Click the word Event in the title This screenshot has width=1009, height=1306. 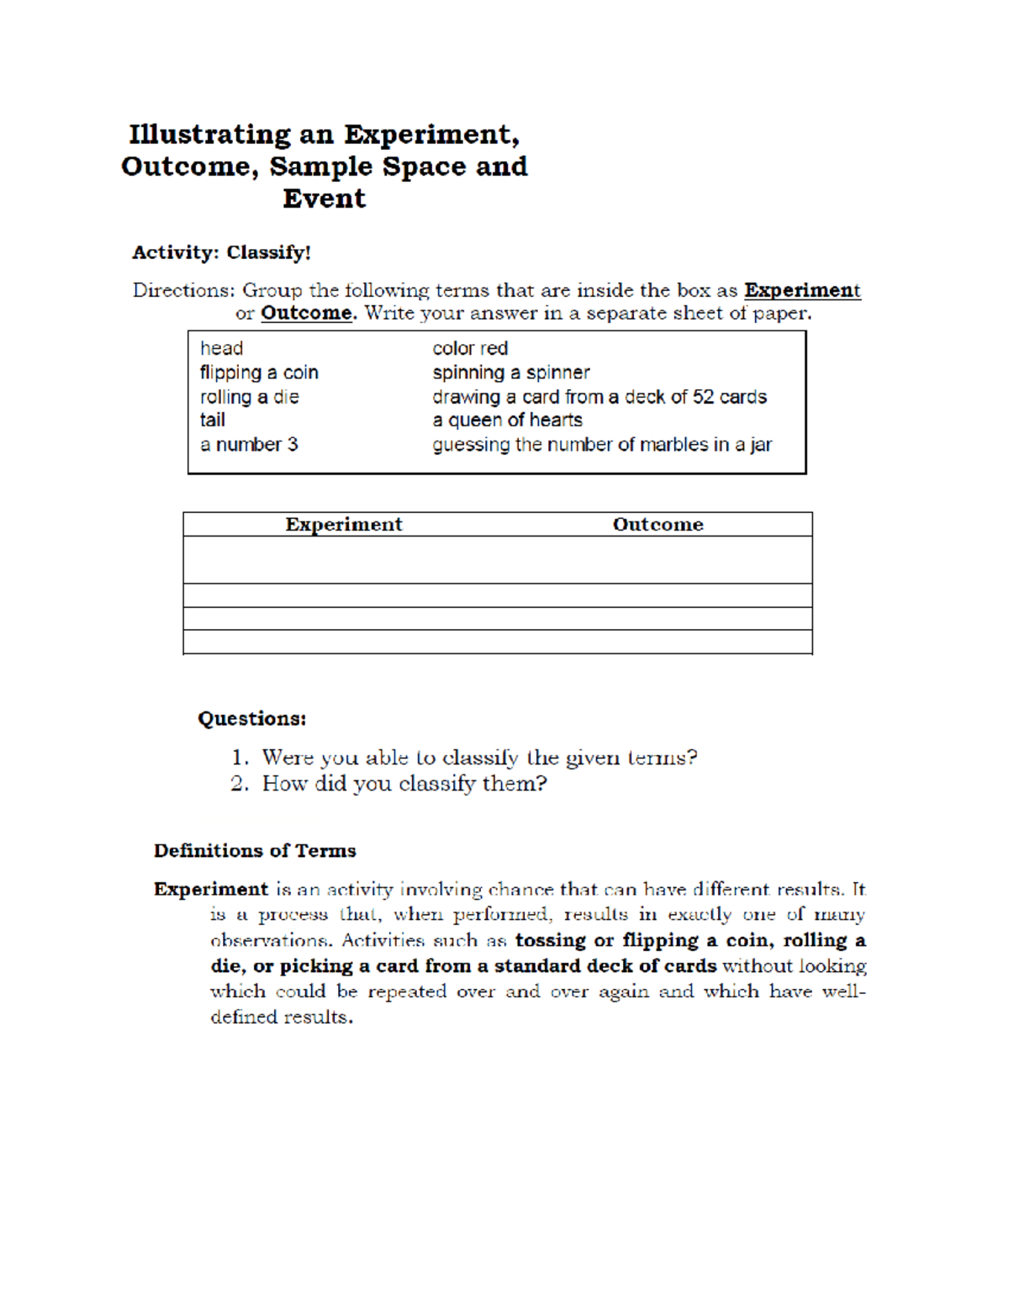click(x=324, y=198)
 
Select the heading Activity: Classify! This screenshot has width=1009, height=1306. click(x=221, y=252)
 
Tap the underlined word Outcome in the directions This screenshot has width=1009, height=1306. click(x=307, y=313)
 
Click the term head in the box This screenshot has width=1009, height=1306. click(x=221, y=348)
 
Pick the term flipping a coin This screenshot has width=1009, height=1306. click(x=259, y=373)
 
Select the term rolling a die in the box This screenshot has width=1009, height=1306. click(x=249, y=397)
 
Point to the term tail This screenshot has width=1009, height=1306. click(x=212, y=420)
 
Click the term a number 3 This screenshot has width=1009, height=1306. click(x=249, y=444)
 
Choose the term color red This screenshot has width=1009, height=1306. click(x=470, y=348)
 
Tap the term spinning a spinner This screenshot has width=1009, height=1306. click(x=510, y=373)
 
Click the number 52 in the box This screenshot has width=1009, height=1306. click(x=704, y=397)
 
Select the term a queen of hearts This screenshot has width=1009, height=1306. click(x=507, y=420)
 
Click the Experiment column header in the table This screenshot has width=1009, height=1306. click(x=343, y=525)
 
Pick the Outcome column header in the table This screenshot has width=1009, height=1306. click(x=658, y=525)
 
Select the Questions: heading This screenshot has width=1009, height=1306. click(x=251, y=719)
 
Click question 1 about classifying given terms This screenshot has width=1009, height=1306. click(x=478, y=758)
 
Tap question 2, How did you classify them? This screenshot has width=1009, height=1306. click(x=404, y=784)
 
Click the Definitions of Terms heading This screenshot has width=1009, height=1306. click(x=255, y=851)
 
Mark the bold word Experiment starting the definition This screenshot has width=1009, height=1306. click(x=210, y=890)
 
